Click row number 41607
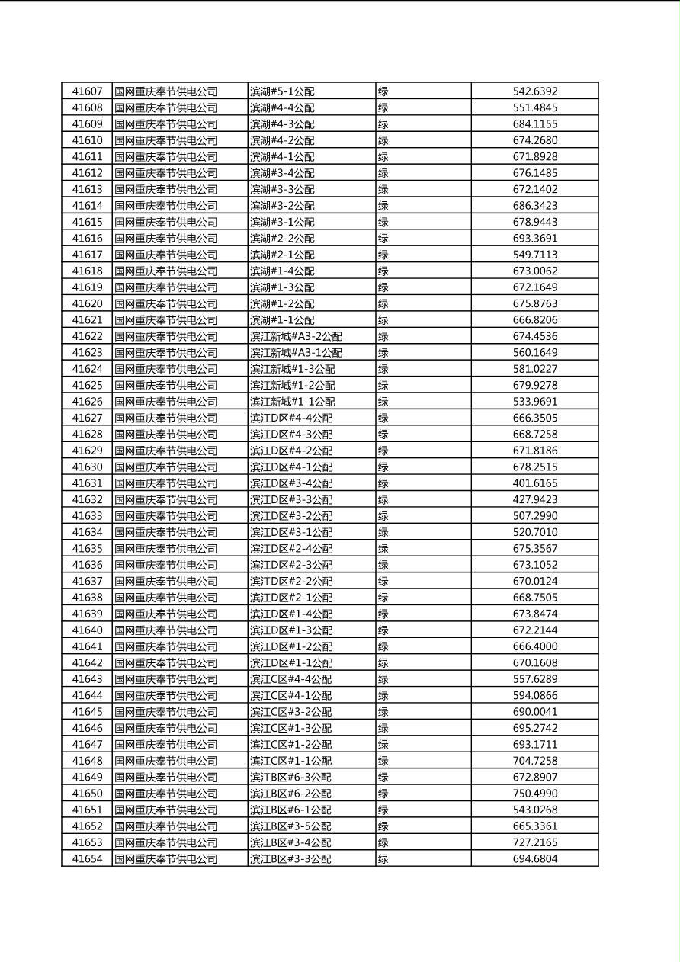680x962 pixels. pyautogui.click(x=87, y=91)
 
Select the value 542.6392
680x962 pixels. pyautogui.click(x=535, y=91)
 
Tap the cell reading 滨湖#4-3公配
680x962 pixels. pyautogui.click(x=282, y=124)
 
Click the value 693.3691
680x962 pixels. pyautogui.click(x=535, y=239)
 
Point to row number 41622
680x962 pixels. pyautogui.click(x=87, y=336)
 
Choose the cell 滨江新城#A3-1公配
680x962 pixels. pyautogui.click(x=297, y=353)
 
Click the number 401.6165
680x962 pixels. pyautogui.click(x=535, y=483)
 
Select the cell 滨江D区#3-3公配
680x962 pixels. pyautogui.click(x=291, y=500)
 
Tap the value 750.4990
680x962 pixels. pyautogui.click(x=535, y=794)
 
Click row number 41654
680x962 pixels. pyautogui.click(x=87, y=859)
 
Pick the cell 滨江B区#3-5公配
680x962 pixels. pyautogui.click(x=290, y=826)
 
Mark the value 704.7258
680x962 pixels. pyautogui.click(x=535, y=761)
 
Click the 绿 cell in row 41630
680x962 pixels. pyautogui.click(x=383, y=467)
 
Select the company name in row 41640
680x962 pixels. pyautogui.click(x=166, y=630)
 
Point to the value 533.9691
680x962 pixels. pyautogui.click(x=535, y=402)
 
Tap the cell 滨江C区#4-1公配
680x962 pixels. pyautogui.click(x=290, y=696)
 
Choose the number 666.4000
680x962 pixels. pyautogui.click(x=535, y=646)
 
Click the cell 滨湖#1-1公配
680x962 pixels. pyautogui.click(x=282, y=320)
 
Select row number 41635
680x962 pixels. pyautogui.click(x=87, y=549)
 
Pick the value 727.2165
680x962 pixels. pyautogui.click(x=535, y=842)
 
